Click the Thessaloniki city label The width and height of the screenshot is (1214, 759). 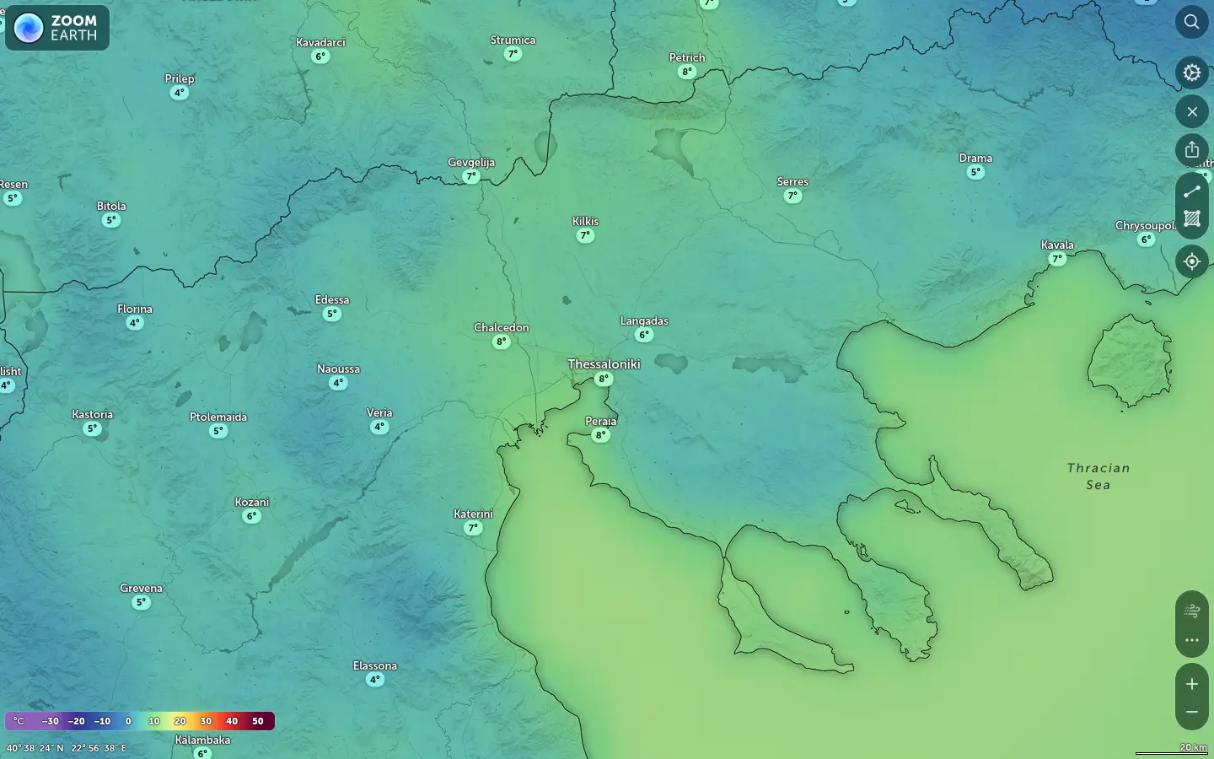(x=604, y=364)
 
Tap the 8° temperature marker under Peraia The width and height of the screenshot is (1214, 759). (x=600, y=436)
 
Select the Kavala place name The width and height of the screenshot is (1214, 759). (x=1057, y=245)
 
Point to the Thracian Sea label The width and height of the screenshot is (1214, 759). (x=1098, y=476)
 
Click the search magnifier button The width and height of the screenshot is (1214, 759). (x=1191, y=22)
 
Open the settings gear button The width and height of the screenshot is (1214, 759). (x=1191, y=73)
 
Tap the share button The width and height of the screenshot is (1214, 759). (x=1191, y=150)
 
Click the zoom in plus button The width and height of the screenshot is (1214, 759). (x=1191, y=684)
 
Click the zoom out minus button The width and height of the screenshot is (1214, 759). (x=1191, y=713)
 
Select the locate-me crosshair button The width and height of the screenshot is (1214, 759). (x=1191, y=261)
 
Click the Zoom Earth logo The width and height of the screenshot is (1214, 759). (x=57, y=28)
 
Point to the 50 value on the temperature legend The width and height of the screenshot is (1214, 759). (x=258, y=721)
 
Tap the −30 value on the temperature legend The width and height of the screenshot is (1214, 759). (x=51, y=721)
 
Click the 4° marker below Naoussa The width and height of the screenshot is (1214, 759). (x=338, y=383)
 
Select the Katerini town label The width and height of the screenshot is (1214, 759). (x=473, y=514)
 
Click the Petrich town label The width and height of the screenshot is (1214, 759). (x=687, y=58)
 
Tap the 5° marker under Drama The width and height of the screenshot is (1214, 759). (x=975, y=173)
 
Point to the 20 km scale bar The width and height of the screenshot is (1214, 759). (x=1172, y=750)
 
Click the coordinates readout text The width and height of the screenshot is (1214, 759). (x=67, y=748)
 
